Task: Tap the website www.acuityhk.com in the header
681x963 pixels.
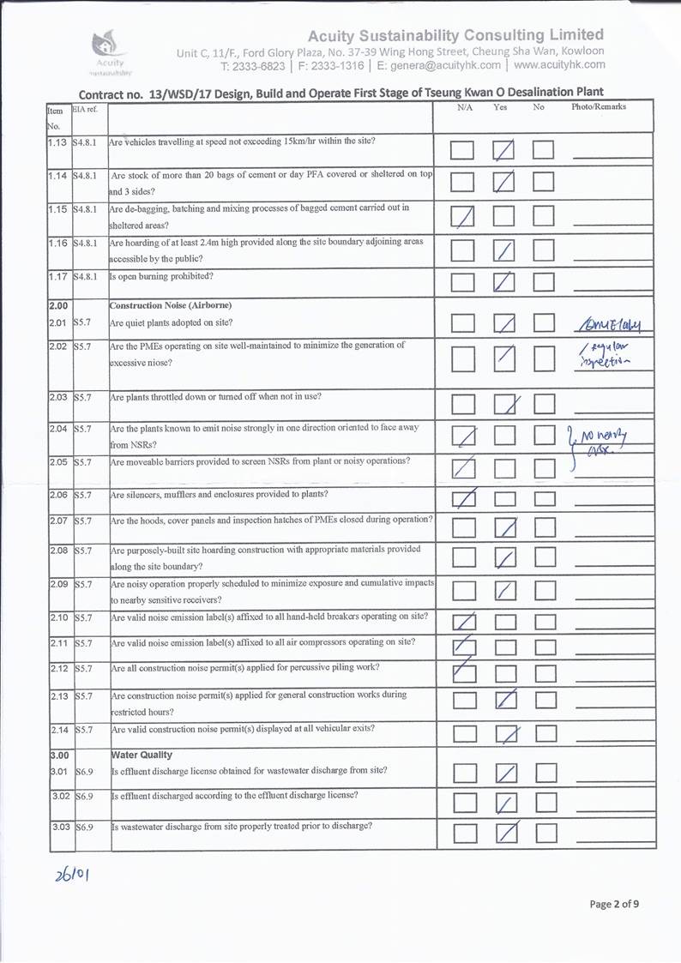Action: click(559, 64)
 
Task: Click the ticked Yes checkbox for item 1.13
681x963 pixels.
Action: click(503, 151)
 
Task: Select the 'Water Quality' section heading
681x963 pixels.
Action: click(142, 755)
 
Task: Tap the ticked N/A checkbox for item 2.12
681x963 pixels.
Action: click(462, 674)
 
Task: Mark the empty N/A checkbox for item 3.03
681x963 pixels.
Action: click(463, 833)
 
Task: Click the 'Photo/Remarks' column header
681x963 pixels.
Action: click(599, 107)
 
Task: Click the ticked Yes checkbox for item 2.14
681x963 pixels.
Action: click(504, 734)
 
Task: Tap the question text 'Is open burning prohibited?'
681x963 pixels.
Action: click(161, 276)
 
